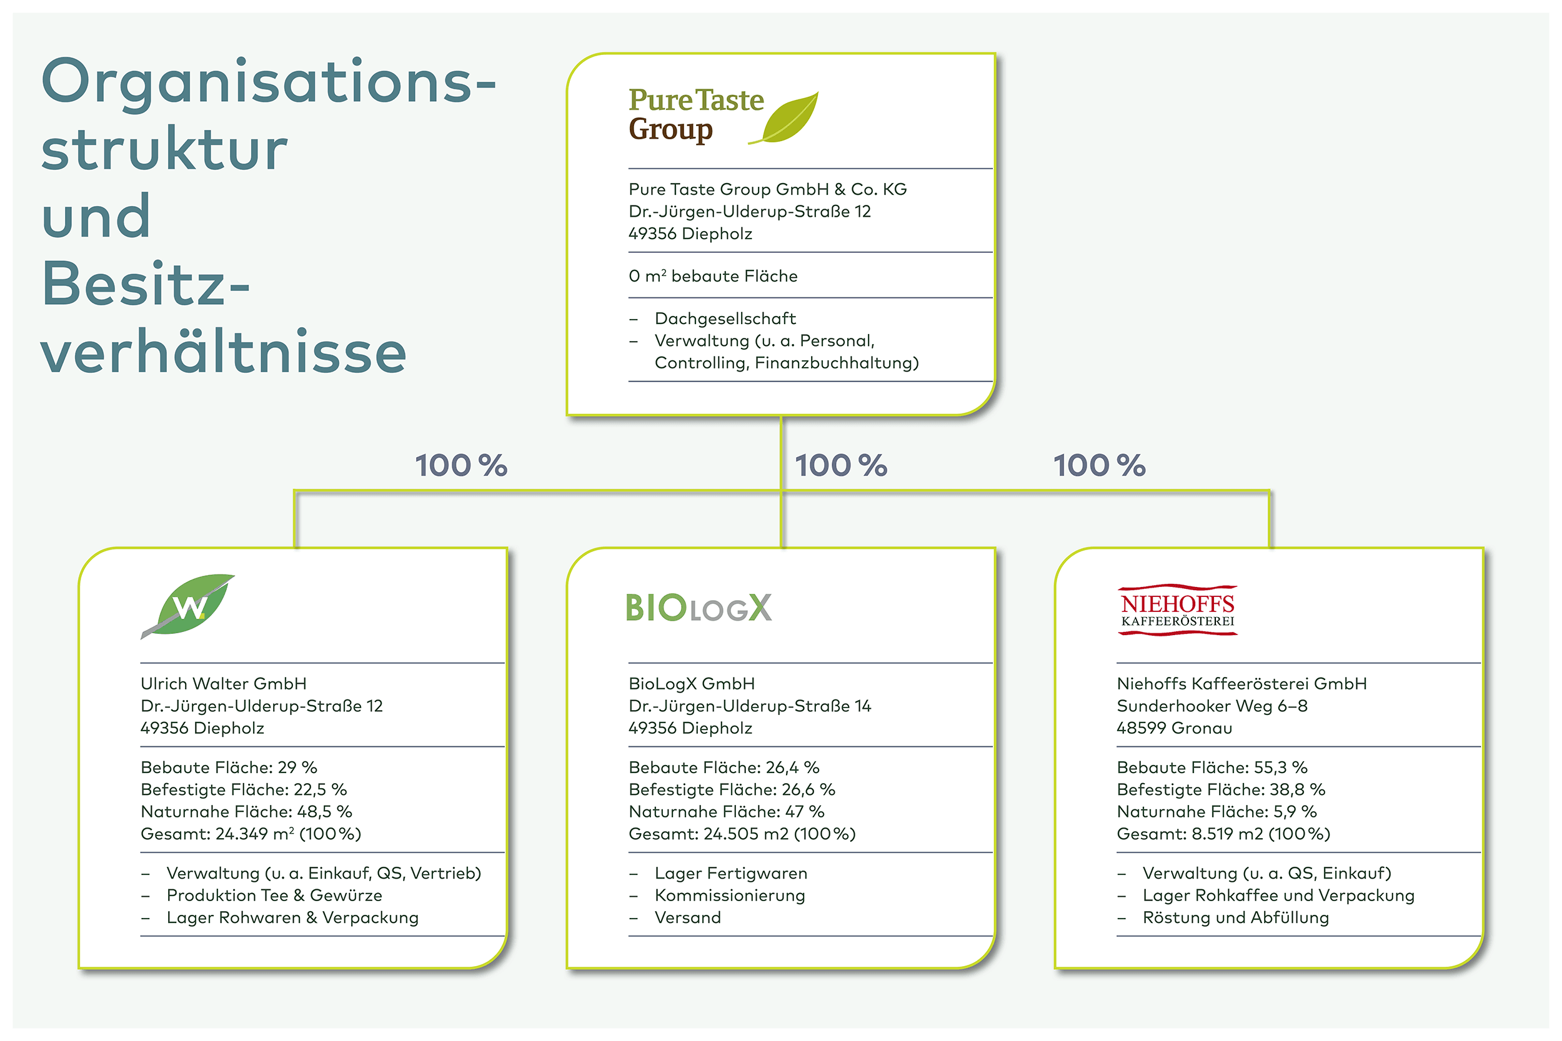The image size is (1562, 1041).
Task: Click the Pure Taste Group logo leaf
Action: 787,117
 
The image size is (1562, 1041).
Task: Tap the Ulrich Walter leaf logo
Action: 188,606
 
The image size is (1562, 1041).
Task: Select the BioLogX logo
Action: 699,608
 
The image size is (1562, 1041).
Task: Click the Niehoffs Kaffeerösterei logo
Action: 1178,610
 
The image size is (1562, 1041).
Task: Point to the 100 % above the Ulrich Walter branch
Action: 462,465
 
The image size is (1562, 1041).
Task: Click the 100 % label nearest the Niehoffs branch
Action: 1100,465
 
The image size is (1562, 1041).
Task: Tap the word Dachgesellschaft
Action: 725,318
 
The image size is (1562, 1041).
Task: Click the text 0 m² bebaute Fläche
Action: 714,275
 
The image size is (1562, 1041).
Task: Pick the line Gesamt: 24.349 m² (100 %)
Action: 251,834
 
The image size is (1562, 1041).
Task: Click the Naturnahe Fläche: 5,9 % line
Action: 1216,811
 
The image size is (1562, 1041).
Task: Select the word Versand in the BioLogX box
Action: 687,917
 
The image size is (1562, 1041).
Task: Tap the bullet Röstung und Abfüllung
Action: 1236,917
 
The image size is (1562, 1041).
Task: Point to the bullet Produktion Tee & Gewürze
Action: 274,895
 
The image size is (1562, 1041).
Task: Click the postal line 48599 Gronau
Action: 1174,728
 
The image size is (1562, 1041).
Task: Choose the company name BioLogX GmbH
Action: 692,684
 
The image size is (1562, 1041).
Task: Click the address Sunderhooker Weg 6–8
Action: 1212,706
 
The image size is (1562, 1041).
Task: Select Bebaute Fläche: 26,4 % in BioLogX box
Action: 724,767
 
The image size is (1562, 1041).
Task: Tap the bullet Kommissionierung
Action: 730,895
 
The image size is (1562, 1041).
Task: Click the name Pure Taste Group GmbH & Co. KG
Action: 768,189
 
